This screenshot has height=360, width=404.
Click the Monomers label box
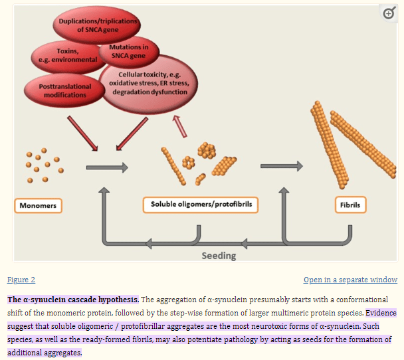point(37,206)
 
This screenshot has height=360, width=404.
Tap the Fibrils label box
point(350,205)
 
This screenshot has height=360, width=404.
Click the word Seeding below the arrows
point(219,255)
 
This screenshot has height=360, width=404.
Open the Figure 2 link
point(21,280)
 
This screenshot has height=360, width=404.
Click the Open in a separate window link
point(350,280)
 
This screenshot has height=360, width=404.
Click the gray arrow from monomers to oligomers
point(107,167)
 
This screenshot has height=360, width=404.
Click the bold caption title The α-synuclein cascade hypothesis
point(73,300)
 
